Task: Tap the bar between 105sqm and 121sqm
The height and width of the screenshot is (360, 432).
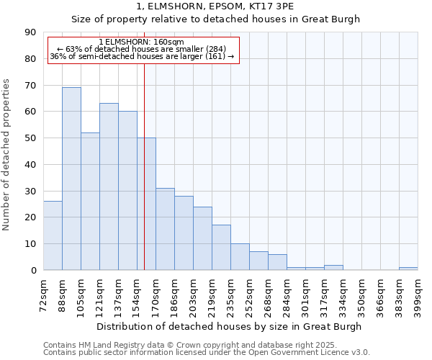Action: point(90,201)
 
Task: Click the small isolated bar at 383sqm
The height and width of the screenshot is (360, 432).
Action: point(408,269)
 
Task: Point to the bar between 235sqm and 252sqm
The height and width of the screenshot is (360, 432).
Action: point(240,257)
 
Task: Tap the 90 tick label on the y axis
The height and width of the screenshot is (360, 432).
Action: point(30,32)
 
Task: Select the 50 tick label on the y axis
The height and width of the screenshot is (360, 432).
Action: point(30,138)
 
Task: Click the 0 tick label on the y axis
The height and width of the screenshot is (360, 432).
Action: point(33,270)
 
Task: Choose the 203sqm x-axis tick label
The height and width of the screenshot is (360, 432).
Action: point(194,293)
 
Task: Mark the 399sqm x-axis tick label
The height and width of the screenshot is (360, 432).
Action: point(418,293)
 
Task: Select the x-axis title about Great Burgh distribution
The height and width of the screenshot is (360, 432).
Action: point(230,326)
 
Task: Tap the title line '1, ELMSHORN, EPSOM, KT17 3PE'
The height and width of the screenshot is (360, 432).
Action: point(215,6)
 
